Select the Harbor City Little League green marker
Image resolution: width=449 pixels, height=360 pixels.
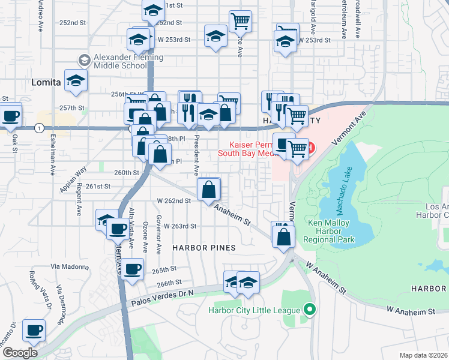tap(310, 310)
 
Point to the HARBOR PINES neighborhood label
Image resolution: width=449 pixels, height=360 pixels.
tap(204, 247)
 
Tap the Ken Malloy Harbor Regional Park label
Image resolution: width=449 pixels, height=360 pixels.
tap(330, 231)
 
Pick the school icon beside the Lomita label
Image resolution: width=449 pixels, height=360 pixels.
tap(76, 81)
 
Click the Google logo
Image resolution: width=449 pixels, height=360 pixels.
tap(20, 352)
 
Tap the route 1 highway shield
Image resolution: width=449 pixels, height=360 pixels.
tap(38, 128)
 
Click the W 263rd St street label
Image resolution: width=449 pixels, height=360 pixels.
tap(180, 226)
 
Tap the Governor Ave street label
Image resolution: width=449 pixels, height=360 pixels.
tap(159, 236)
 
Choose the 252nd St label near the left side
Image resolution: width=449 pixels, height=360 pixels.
tap(73, 23)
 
